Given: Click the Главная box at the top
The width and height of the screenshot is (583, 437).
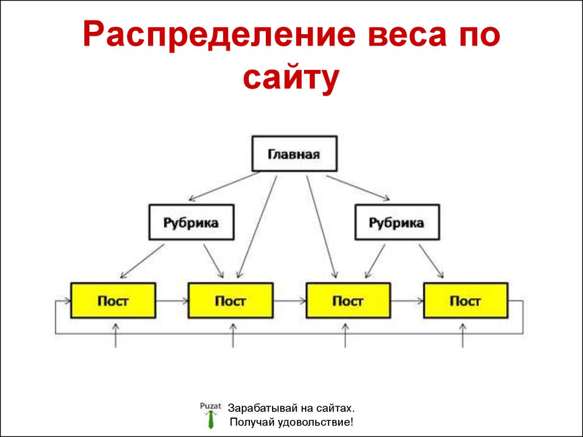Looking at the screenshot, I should coord(294,154).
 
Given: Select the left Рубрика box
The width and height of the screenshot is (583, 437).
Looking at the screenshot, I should coord(191,222).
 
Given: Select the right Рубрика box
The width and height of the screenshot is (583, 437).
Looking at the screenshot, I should coord(397,222).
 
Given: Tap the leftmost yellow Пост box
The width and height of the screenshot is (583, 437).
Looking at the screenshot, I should coord(113,300).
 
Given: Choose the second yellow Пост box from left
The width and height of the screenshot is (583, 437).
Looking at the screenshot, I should coord(230,300).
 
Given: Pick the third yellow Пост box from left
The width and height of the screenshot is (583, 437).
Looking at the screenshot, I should coord(348,300).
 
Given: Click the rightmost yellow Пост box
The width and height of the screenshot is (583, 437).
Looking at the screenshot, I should coord(465,300).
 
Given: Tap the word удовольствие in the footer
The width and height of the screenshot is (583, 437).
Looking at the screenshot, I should coord(314,423).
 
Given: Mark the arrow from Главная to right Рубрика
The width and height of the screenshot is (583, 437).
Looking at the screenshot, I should coord(359,188).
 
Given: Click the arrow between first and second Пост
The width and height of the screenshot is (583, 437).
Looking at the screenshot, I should coord(171,300).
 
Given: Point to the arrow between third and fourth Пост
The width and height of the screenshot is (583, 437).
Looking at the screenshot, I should coord(407,300).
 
